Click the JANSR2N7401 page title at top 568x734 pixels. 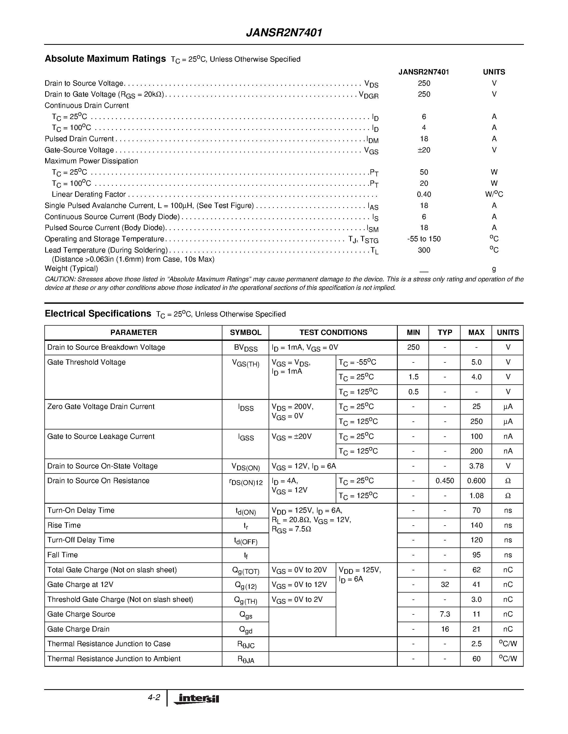pos(284,33)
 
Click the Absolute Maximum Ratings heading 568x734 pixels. pos(105,59)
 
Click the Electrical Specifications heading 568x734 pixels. pos(98,314)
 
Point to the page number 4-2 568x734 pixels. pos(154,697)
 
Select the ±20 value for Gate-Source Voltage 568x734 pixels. pos(424,150)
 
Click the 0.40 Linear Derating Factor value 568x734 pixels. pos(424,194)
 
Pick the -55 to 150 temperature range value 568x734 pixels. pos(424,239)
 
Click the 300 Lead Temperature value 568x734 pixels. pos(424,250)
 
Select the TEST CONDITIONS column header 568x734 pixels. pos(333,332)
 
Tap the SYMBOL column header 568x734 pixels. pos(245,332)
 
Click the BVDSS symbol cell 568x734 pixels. pos(245,348)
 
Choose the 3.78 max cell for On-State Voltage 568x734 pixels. pos(476,466)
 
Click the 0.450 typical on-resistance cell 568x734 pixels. pos(445,481)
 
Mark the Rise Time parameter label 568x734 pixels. pos(64,525)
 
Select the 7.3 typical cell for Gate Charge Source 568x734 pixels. pos(445,614)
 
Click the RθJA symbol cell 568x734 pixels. pos(245,659)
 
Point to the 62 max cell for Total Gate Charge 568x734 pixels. pos(476,570)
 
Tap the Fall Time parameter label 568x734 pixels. pos(63,555)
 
